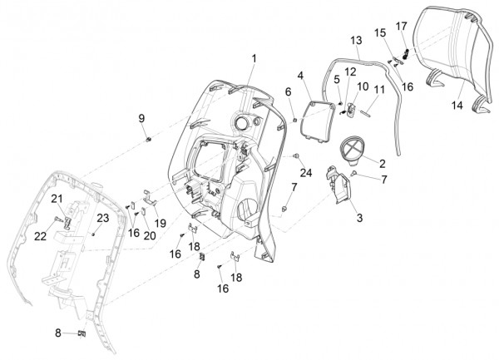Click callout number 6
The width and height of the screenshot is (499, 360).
289,91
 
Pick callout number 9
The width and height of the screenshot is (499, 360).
141,118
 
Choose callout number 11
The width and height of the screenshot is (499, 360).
378,89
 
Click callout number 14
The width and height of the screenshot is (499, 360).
457,106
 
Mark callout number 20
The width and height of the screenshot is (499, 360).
149,235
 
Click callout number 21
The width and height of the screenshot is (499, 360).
57,198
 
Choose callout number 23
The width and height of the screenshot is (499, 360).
103,218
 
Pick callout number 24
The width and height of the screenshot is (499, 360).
305,173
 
